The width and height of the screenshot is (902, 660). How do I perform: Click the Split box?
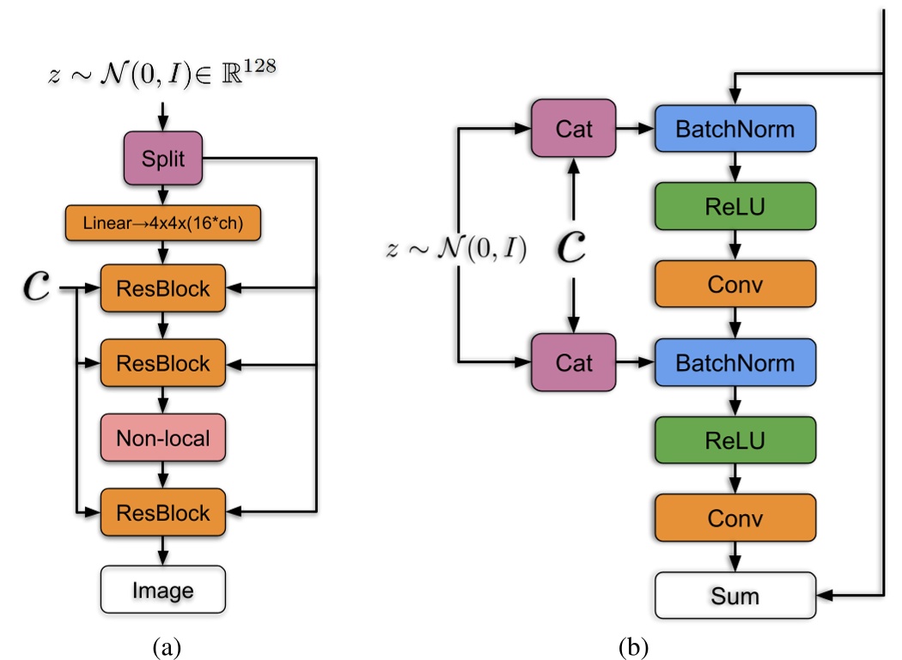[162, 158]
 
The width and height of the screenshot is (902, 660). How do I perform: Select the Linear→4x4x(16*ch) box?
[162, 224]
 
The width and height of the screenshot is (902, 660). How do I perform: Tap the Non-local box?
[162, 439]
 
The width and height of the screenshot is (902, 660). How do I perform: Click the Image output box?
[162, 590]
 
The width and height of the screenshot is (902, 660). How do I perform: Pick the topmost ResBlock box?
[162, 289]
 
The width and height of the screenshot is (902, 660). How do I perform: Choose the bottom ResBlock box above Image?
[162, 513]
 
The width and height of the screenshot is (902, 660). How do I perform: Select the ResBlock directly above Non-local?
[162, 363]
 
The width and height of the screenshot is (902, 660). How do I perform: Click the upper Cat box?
[573, 130]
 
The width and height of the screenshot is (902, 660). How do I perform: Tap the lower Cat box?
[573, 363]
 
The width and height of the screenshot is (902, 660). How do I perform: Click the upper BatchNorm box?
[734, 130]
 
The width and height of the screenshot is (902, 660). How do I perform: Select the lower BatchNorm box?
[734, 363]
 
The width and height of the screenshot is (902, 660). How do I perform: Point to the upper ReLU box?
[734, 206]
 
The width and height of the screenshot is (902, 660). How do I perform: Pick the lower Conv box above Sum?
[734, 518]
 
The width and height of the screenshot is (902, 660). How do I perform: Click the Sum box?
[734, 594]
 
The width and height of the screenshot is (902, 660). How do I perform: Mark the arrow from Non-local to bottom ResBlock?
[162, 475]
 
